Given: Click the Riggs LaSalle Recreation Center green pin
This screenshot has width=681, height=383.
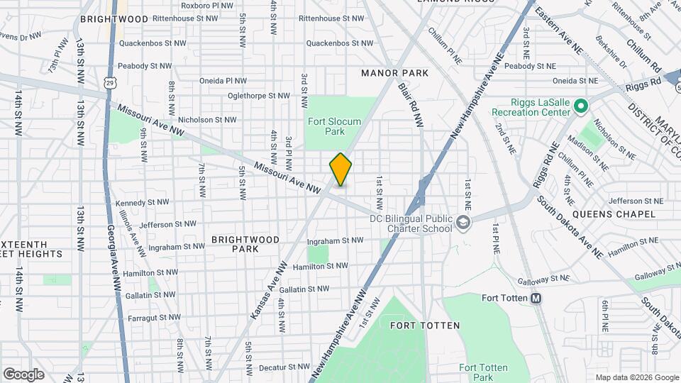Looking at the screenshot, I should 580,106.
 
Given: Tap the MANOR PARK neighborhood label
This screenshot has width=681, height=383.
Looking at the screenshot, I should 395,73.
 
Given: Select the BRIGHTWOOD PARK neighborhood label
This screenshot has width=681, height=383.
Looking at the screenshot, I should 245,244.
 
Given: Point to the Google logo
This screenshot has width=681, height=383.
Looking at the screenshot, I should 23,374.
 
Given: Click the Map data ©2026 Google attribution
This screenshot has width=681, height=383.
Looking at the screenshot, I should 636,377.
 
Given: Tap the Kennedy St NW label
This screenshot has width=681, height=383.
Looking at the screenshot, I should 142,202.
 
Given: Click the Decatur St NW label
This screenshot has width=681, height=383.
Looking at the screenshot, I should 284,367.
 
